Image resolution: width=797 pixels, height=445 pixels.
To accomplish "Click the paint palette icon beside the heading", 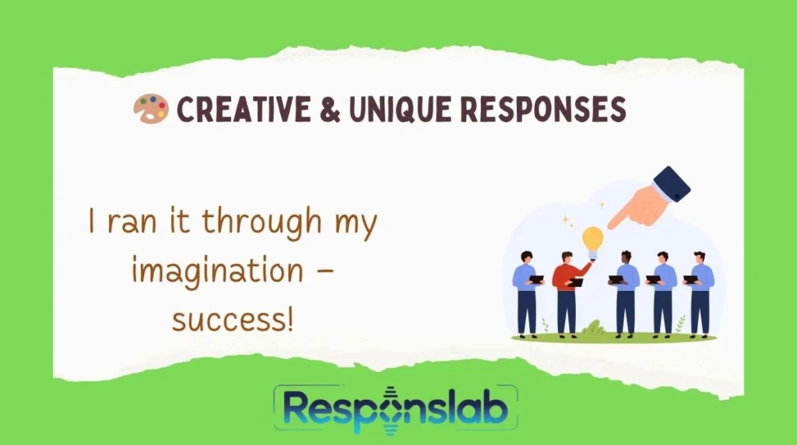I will (x=150, y=109).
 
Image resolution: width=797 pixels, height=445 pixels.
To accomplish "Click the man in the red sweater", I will (x=567, y=292).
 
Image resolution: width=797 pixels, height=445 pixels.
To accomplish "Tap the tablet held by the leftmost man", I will (x=535, y=279).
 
